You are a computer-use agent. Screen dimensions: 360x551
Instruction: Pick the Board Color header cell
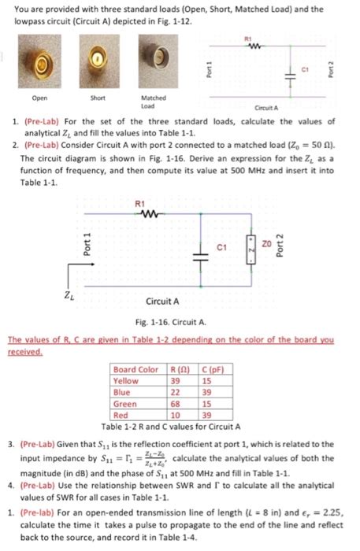pos(135,370)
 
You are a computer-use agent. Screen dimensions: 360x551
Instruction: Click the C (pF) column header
pos(210,370)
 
